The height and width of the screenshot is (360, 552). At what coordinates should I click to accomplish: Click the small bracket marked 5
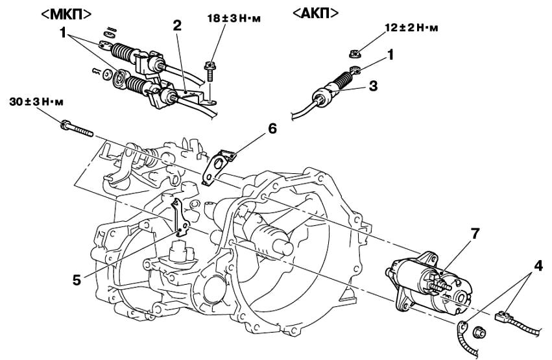click(x=180, y=219)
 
